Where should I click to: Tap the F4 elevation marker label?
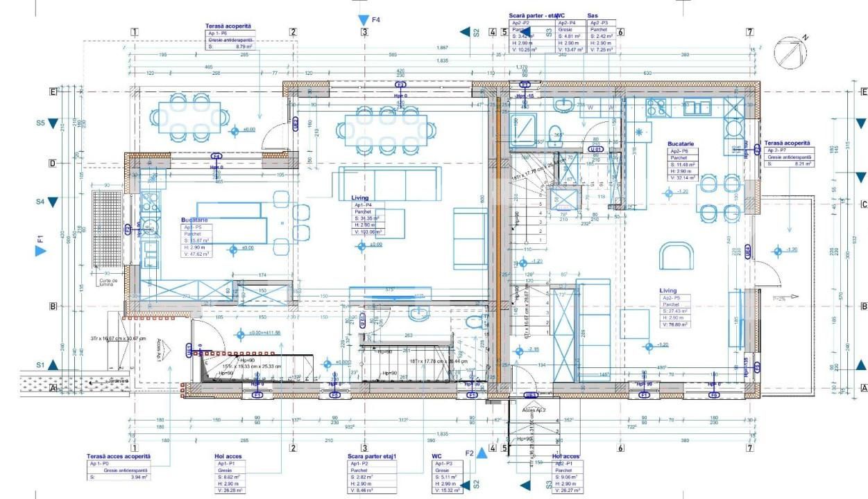375,20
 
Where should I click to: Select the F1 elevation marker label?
40,240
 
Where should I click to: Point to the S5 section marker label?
40,123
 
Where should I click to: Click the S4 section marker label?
40,202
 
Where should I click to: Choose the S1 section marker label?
40,365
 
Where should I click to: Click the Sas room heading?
593,15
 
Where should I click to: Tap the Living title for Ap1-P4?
361,198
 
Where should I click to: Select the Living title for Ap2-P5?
669,291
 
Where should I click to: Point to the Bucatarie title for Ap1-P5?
194,220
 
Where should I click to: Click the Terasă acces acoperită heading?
118,456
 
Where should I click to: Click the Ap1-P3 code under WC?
445,463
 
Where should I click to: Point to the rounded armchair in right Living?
675,254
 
